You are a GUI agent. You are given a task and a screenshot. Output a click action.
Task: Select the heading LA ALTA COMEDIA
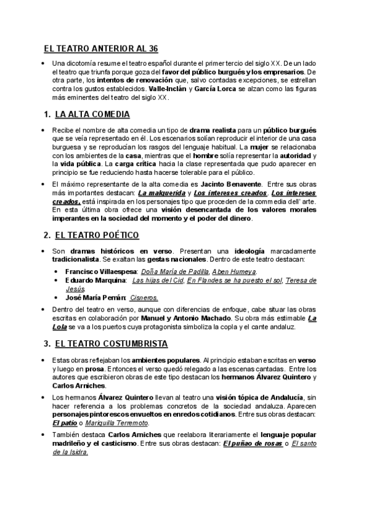(92, 114)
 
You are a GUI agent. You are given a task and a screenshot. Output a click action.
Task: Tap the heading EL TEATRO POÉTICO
(97, 235)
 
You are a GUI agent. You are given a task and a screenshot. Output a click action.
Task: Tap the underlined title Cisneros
(144, 297)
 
